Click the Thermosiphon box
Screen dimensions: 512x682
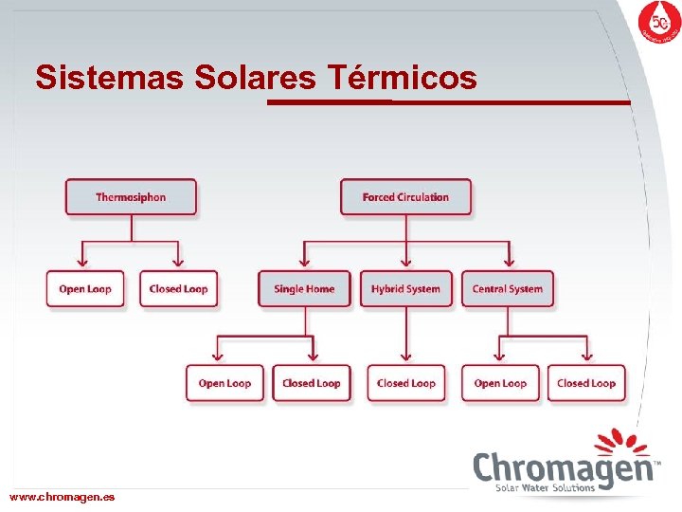click(131, 197)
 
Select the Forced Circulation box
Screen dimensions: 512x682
click(405, 197)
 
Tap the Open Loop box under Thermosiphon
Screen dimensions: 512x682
click(85, 289)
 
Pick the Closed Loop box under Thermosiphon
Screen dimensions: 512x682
click(178, 289)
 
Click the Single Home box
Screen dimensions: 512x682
click(304, 289)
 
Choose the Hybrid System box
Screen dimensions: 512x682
click(405, 289)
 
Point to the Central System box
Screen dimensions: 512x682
click(508, 289)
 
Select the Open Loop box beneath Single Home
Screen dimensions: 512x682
click(224, 383)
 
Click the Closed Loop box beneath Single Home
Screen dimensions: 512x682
click(312, 383)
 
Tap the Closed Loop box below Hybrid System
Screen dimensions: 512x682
click(405, 383)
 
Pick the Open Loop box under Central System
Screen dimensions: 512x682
click(500, 383)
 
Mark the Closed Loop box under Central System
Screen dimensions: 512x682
click(586, 383)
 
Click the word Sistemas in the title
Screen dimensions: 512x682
click(110, 78)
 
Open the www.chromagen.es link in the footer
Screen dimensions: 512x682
click(63, 497)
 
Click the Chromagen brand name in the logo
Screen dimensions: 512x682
click(565, 468)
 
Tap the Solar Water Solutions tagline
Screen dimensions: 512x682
click(546, 488)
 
